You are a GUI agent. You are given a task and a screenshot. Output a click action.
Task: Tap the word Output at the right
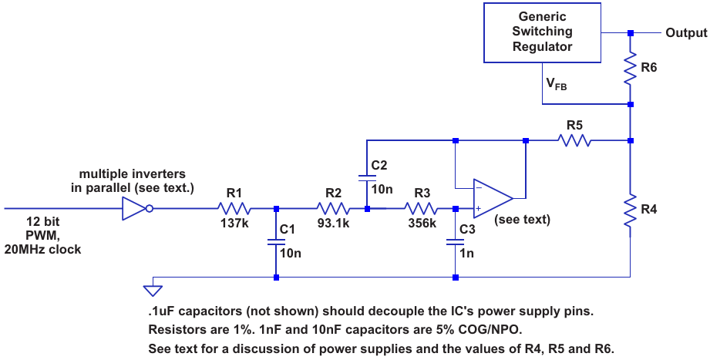(x=685, y=33)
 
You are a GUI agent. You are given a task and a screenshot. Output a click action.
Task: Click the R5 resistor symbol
(x=574, y=140)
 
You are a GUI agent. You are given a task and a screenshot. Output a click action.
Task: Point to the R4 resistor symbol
(x=631, y=210)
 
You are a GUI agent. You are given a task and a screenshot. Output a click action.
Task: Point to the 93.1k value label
(x=333, y=224)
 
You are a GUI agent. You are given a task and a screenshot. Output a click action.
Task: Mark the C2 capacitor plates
(x=367, y=177)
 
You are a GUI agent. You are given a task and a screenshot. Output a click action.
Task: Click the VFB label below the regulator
(x=557, y=85)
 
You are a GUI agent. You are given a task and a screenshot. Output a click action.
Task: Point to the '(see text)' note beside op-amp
(x=525, y=219)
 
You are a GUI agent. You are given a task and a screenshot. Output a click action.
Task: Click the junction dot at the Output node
(x=631, y=33)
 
